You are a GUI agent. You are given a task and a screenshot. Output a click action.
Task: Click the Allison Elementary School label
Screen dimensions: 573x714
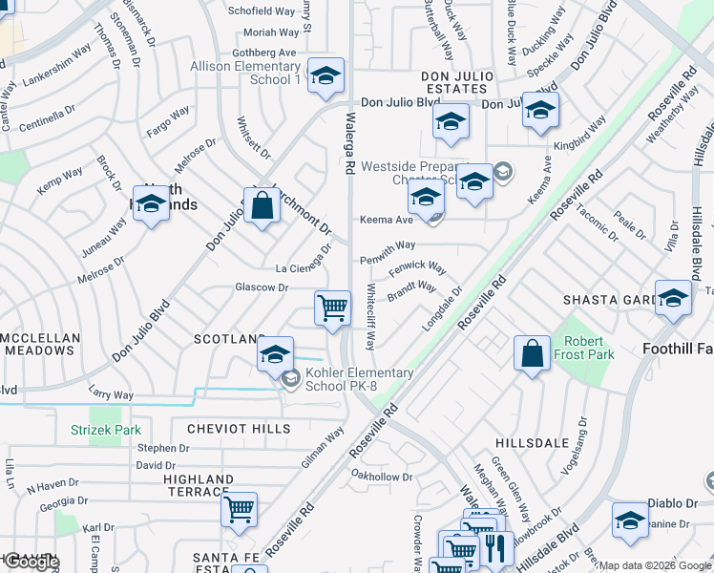[x=245, y=73]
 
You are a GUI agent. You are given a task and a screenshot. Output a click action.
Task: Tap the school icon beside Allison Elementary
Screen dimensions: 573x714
[x=326, y=74]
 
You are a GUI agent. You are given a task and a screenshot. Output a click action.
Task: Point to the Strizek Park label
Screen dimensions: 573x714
[x=106, y=430]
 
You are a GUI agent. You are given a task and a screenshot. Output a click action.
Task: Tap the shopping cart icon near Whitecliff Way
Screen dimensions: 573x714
[x=332, y=308]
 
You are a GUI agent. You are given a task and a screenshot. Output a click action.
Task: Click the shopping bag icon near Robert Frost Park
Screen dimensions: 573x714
[x=532, y=352]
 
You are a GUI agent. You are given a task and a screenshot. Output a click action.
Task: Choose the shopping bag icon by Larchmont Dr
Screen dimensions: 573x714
[x=262, y=204]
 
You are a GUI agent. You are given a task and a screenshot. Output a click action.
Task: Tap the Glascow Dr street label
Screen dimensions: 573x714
[x=262, y=287]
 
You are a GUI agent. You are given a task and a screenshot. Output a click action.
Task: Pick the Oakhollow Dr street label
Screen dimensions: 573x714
[x=381, y=476]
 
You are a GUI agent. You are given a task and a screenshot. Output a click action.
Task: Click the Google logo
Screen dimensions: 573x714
[x=31, y=562]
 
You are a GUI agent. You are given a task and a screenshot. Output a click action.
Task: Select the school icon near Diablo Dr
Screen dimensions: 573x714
[x=630, y=519]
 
